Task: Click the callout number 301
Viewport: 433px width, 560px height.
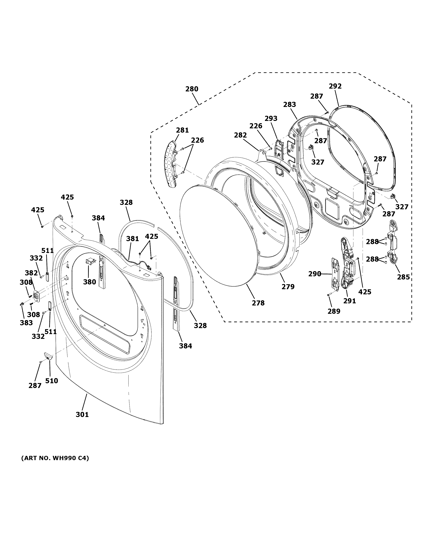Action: pos(82,414)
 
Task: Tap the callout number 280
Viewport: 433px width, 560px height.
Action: pos(192,89)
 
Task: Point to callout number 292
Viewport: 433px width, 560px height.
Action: pos(335,86)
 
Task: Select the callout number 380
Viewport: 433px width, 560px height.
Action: pos(90,282)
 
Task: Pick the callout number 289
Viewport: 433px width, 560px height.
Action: pos(334,311)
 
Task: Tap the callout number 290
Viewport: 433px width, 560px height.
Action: pos(315,274)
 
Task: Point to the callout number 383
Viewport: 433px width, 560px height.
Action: pos(26,323)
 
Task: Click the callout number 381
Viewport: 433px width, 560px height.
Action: pos(133,239)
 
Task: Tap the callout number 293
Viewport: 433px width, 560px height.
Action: pos(271,118)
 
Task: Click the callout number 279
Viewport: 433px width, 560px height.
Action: pos(288,287)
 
